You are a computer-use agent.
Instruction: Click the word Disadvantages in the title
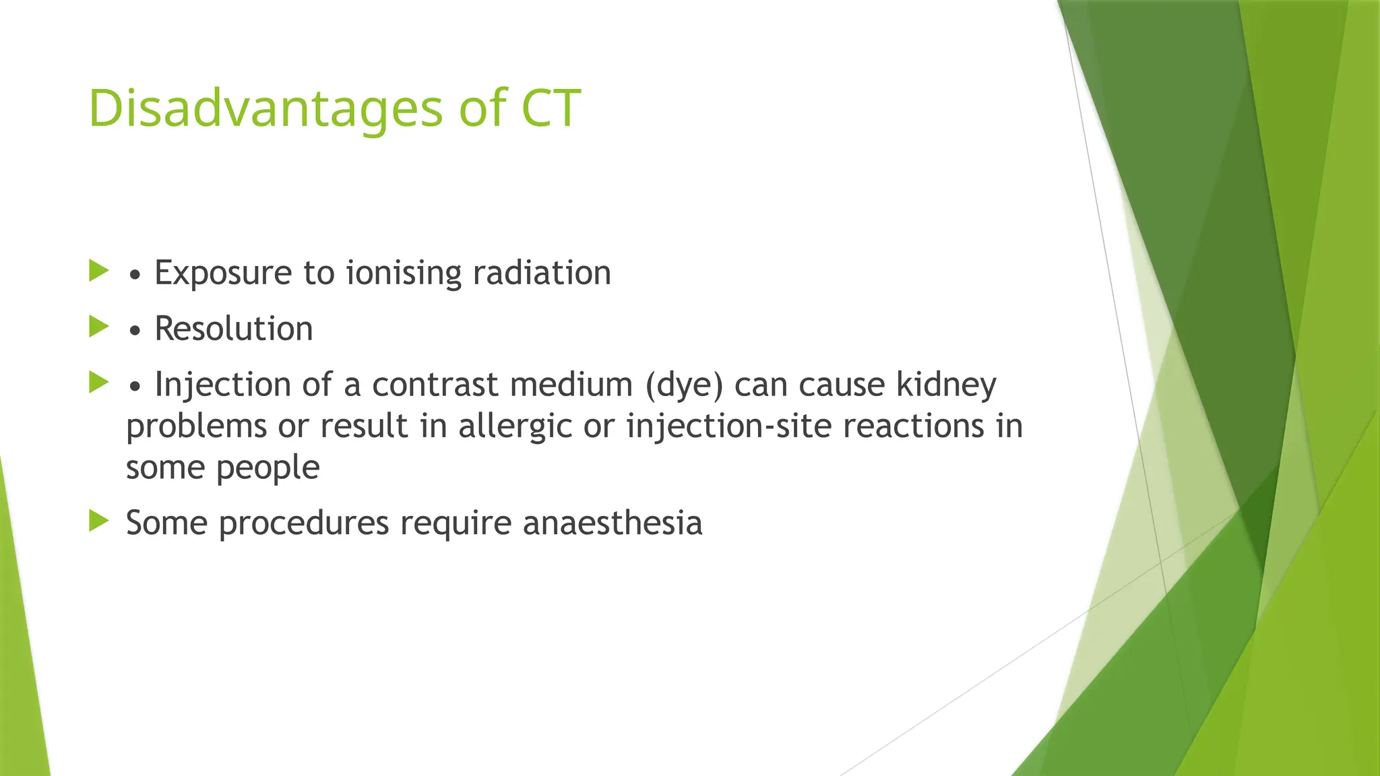[265, 109]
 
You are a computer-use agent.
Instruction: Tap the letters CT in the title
[551, 108]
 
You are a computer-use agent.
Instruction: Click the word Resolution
[233, 329]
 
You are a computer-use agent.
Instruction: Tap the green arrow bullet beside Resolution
[98, 327]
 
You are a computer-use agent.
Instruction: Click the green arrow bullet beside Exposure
[98, 271]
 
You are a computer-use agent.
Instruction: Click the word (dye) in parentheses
[684, 385]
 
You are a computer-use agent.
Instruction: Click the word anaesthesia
[613, 523]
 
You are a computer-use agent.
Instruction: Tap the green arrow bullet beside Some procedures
[98, 521]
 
